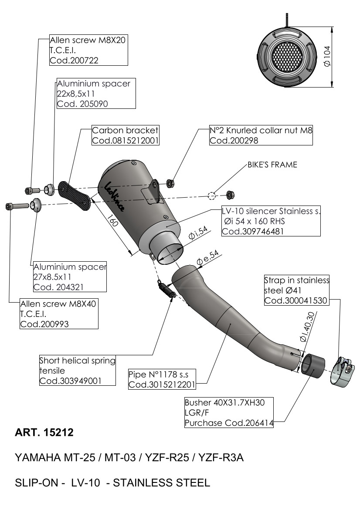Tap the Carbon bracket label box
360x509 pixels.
pyautogui.click(x=125, y=135)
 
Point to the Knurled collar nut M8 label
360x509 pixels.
pyautogui.click(x=261, y=135)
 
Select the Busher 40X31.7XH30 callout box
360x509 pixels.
pyautogui.click(x=229, y=412)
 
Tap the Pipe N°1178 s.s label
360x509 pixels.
pyautogui.click(x=162, y=379)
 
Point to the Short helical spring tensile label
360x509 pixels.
pyautogui.click(x=78, y=371)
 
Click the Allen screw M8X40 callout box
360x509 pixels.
pyautogui.click(x=58, y=313)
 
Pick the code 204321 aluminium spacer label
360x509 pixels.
pyautogui.click(x=70, y=276)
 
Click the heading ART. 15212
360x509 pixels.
pyautogui.click(x=44, y=433)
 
